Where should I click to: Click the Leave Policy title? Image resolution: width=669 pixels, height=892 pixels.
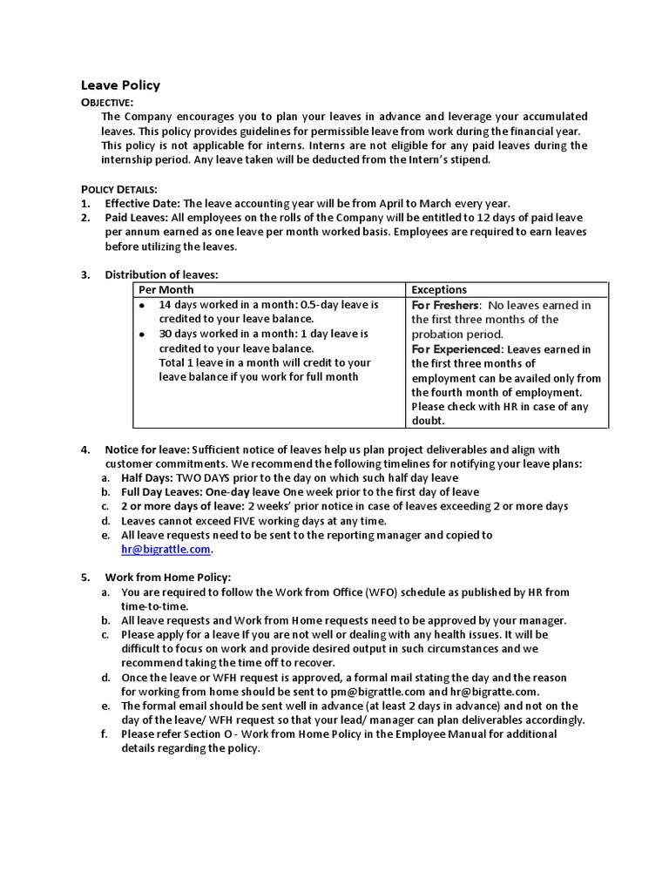point(120,85)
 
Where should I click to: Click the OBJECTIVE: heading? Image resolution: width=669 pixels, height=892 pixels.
point(107,103)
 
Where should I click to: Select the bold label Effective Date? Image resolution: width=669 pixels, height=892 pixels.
point(143,203)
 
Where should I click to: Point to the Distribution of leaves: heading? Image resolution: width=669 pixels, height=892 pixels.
point(162,275)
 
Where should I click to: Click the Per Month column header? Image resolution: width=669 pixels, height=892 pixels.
point(166,290)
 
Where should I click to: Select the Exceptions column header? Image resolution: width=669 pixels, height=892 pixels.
point(439,290)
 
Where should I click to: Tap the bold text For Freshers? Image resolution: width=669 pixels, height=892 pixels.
point(445,305)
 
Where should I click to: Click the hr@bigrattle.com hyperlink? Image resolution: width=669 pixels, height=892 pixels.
point(166,550)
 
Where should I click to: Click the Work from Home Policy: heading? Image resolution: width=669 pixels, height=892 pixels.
point(168,578)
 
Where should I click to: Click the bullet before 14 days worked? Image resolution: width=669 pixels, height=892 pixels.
point(143,306)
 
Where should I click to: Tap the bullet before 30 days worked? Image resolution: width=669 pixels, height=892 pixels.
point(143,334)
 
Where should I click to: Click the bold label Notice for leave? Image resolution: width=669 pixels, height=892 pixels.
point(147,449)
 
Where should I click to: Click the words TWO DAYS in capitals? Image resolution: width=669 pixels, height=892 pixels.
point(206,478)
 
